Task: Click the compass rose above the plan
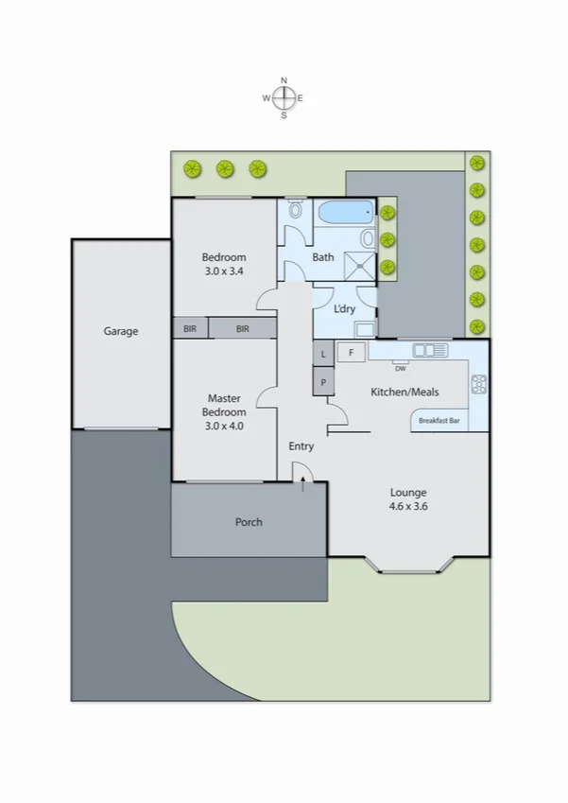click(283, 97)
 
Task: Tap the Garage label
click(121, 332)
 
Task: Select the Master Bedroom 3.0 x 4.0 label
click(226, 405)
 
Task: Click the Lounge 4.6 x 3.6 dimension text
click(409, 498)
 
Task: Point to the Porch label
click(249, 522)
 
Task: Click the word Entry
click(301, 446)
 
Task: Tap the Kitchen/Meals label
click(404, 392)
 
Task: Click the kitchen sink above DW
click(430, 351)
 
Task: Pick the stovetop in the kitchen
click(478, 384)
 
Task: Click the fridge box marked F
click(351, 353)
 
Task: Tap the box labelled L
click(323, 353)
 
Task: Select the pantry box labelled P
click(323, 382)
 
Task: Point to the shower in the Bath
click(358, 264)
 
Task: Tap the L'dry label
click(345, 309)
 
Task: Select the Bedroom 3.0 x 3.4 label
click(225, 264)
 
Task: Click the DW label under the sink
click(400, 368)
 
